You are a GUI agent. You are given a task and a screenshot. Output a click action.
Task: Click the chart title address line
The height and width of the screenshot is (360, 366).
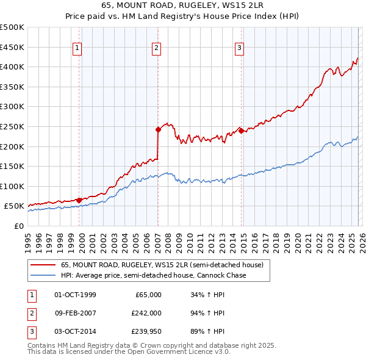(x=182, y=6)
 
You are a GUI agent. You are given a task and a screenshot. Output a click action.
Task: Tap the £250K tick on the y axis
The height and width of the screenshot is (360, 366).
(x=12, y=126)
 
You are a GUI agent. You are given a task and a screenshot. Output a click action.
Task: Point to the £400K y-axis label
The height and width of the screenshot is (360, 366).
(x=12, y=67)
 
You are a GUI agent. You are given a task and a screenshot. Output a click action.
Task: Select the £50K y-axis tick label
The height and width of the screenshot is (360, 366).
(x=15, y=206)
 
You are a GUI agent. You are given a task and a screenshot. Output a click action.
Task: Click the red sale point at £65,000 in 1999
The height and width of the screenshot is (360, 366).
(x=79, y=200)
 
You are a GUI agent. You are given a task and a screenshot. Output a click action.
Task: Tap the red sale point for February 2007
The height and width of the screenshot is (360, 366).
(x=158, y=129)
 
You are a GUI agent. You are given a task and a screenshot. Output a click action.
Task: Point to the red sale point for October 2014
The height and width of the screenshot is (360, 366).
(x=241, y=130)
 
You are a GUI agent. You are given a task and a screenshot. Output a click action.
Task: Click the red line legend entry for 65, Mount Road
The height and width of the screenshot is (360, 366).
(x=162, y=265)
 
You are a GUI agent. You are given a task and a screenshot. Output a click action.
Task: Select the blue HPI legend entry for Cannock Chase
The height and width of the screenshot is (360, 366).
(x=153, y=275)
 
